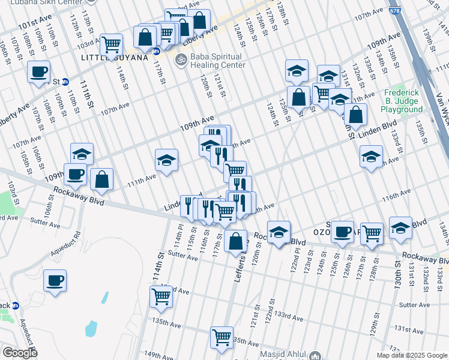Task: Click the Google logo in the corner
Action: tap(20, 353)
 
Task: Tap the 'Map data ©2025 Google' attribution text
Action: tap(412, 355)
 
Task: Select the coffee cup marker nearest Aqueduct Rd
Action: tap(55, 280)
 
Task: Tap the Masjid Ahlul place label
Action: tap(283, 355)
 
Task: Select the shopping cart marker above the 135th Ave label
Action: tap(161, 296)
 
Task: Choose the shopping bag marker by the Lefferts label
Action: tap(237, 241)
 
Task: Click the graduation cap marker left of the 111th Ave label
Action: tap(166, 160)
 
